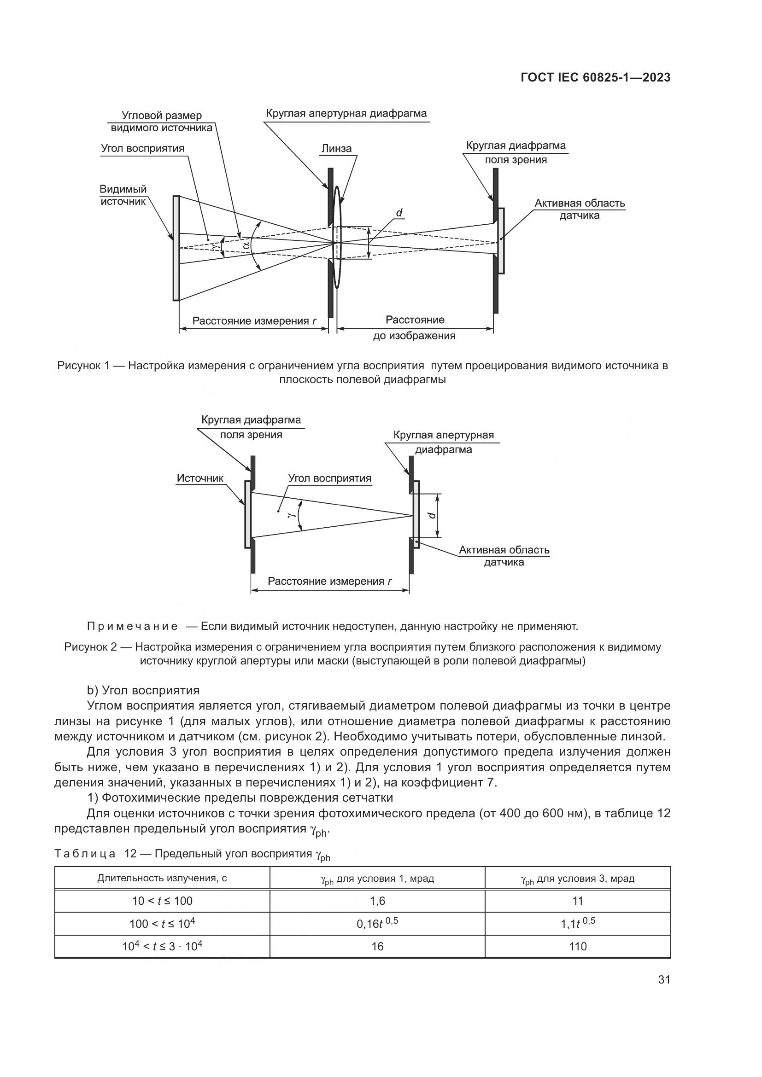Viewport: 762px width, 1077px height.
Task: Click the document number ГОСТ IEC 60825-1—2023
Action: coord(595,78)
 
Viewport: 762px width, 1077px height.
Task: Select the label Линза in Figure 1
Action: coord(336,149)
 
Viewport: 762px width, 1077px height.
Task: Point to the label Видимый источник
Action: coord(123,195)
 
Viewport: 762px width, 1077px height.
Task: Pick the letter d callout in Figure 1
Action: coord(399,213)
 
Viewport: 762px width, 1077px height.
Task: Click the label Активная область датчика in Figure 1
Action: coord(580,209)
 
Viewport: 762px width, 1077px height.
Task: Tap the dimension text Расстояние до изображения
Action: coord(415,327)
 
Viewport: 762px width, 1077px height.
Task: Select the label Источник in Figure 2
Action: coord(200,478)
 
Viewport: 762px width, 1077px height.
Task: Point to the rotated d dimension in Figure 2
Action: coord(432,515)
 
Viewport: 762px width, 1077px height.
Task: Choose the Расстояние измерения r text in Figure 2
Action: coord(329,581)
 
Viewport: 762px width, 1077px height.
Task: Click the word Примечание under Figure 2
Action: coord(132,626)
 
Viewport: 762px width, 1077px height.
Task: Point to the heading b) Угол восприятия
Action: coord(143,691)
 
